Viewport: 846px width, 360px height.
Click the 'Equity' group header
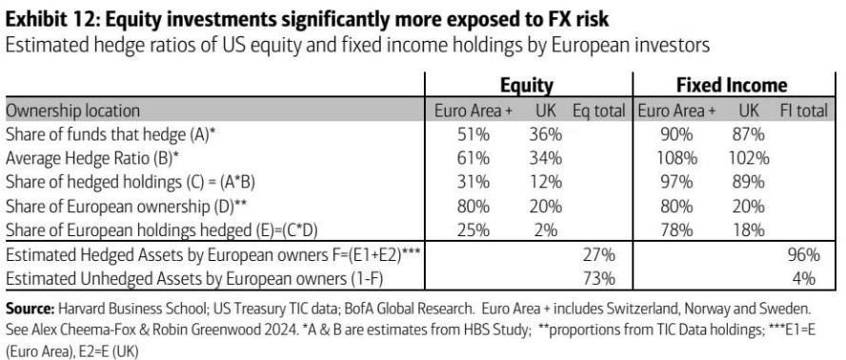(x=527, y=86)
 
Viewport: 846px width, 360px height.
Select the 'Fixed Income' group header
(x=732, y=85)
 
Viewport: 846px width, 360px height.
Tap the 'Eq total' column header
(x=599, y=110)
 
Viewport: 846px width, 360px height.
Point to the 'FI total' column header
(x=803, y=110)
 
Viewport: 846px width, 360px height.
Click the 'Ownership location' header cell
(x=72, y=110)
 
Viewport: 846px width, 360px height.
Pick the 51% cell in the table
(x=473, y=134)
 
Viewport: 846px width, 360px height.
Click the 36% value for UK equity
(x=546, y=134)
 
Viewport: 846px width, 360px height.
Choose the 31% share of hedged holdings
(x=473, y=182)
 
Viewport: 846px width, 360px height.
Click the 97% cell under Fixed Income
(x=676, y=182)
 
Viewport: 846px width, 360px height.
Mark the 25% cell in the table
(x=473, y=230)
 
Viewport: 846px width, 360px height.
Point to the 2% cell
(x=546, y=230)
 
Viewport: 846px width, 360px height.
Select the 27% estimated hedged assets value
(x=599, y=254)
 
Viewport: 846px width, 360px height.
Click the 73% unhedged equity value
(x=599, y=278)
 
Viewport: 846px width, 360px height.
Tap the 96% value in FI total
(x=803, y=254)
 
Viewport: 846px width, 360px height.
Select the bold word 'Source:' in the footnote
(x=30, y=310)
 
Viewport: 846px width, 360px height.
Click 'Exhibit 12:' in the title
(x=51, y=19)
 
